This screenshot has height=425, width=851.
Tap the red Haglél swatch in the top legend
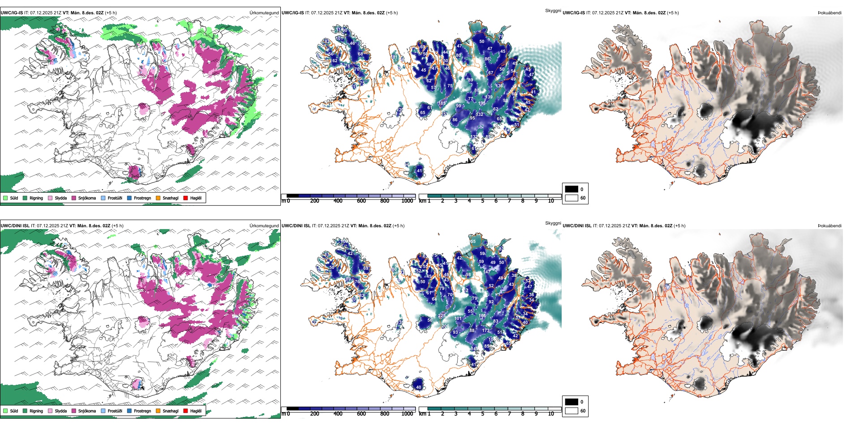tap(185, 198)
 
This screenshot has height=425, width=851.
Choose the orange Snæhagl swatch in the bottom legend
tap(158, 411)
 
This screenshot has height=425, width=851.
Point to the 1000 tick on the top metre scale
tap(407, 201)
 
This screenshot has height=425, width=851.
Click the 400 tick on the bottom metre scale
tap(338, 414)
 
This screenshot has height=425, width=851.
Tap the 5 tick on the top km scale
tap(482, 201)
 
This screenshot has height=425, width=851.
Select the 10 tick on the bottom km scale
tap(551, 414)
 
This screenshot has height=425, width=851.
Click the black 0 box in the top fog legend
tap(572, 189)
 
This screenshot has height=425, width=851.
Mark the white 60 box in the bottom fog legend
tap(572, 411)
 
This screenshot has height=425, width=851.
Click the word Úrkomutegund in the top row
tap(264, 13)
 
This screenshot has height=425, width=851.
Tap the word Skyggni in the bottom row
tap(553, 223)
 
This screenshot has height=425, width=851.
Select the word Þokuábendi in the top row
tap(830, 13)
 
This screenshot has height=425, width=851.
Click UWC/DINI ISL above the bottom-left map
tap(15, 226)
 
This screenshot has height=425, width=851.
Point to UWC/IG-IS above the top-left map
tap(12, 13)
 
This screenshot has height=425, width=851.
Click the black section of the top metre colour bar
tap(292, 196)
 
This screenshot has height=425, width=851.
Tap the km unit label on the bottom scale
tap(422, 414)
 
